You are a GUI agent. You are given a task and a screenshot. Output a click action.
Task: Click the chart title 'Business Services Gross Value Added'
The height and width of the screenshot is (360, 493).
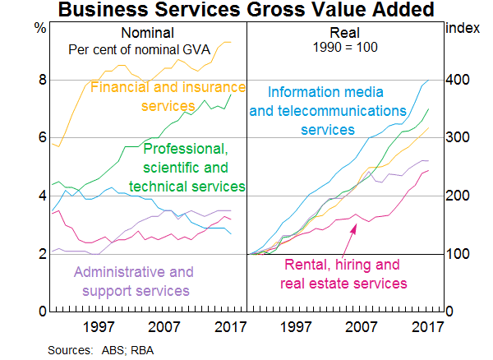point(246,11)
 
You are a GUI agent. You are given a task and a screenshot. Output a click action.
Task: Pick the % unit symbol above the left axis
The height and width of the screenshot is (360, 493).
point(40,27)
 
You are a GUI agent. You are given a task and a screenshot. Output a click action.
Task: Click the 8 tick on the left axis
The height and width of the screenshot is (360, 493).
point(40,81)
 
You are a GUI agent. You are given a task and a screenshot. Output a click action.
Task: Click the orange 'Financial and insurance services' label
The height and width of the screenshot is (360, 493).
point(168,96)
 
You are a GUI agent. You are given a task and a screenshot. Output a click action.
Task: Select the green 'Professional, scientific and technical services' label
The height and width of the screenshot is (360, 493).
point(194,168)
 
